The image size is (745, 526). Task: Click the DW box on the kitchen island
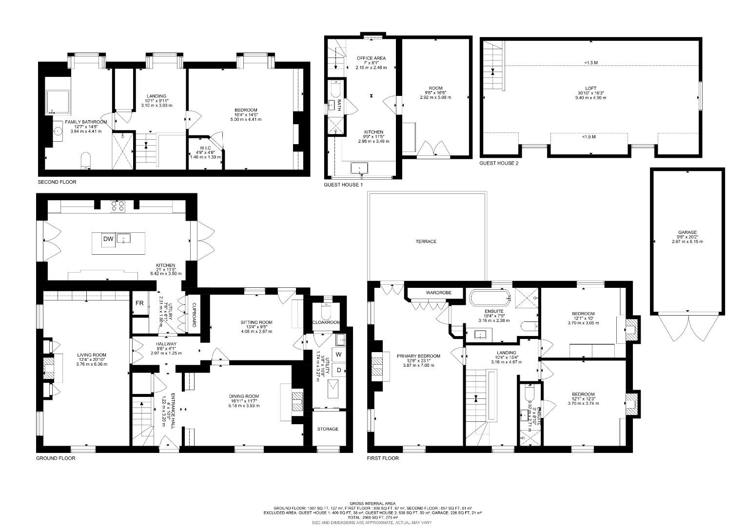108,239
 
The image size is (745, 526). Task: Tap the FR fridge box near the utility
139,303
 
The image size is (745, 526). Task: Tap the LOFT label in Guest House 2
591,89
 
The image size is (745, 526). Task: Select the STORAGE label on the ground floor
328,429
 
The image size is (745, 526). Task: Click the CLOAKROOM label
326,322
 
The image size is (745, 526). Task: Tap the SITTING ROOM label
256,322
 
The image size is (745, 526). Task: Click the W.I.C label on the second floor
205,148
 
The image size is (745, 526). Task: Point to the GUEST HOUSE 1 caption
343,185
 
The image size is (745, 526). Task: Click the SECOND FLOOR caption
57,182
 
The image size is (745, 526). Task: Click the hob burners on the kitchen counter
117,206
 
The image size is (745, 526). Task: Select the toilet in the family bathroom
85,160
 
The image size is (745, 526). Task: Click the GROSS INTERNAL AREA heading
372,503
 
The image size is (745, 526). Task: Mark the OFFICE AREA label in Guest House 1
371,58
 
